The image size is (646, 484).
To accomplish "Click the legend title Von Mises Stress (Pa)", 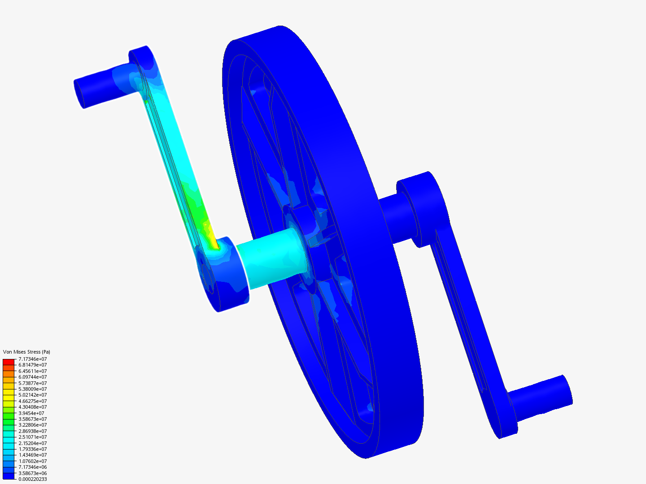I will [26, 352].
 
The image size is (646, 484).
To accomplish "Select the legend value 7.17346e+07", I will [32, 359].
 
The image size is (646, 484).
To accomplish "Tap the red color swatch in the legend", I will [9, 362].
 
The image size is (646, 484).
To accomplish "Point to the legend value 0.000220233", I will [32, 479].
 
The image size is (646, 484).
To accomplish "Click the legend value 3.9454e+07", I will [31, 413].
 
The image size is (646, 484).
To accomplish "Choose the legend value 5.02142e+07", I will [32, 395].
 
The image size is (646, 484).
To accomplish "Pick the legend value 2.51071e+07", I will [32, 437].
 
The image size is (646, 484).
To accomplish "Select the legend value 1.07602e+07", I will [32, 461].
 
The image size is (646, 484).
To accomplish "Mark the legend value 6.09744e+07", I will [32, 377].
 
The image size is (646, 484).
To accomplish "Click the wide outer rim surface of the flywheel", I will [359, 179].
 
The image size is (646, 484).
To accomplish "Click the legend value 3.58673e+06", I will [32, 473].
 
